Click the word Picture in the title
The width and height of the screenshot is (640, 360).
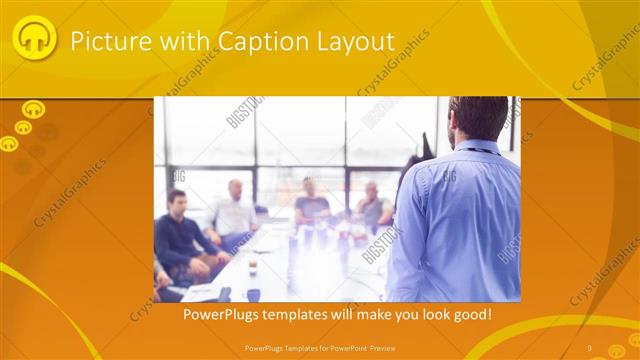[103, 41]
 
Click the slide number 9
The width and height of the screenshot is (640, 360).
[590, 347]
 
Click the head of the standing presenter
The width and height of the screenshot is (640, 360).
[477, 119]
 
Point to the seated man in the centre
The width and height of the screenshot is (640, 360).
[311, 204]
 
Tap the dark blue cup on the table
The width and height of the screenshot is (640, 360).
[253, 294]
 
